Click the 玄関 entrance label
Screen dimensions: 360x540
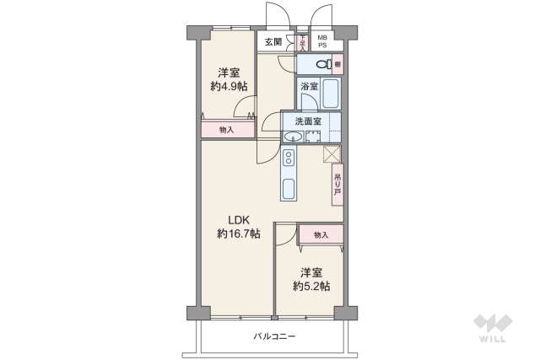point(273,42)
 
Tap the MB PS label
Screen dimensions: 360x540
point(321,41)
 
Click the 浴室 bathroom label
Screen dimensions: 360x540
point(308,87)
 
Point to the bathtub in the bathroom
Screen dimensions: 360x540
point(330,93)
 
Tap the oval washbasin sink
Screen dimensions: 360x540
point(293,137)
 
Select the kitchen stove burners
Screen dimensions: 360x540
point(288,158)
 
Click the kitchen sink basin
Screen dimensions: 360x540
point(288,188)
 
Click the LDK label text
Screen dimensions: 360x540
point(235,218)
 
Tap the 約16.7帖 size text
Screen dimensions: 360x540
point(238,234)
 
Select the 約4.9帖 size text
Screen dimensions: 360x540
point(229,86)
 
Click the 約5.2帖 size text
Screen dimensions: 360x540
point(311,287)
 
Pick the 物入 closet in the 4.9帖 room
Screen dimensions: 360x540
point(227,130)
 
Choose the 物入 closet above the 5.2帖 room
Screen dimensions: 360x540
point(320,234)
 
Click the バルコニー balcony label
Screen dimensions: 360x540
point(274,336)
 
